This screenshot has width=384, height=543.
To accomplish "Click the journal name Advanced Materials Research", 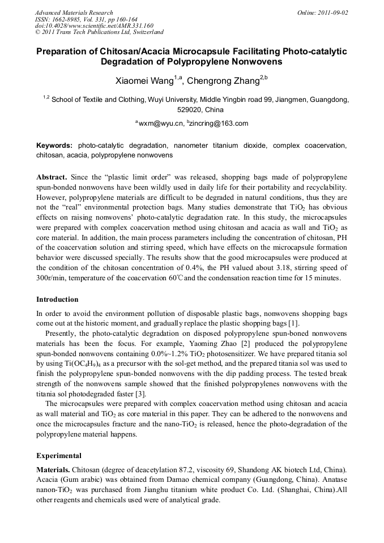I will pyautogui.click(x=74, y=12).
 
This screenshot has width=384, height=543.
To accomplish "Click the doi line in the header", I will pyautogui.click(x=94, y=25).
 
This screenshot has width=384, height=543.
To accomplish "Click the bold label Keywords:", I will pyautogui.click(x=54, y=146).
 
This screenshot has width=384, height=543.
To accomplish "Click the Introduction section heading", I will pyautogui.click(x=57, y=299).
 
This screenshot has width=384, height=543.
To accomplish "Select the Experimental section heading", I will pyautogui.click(x=59, y=455).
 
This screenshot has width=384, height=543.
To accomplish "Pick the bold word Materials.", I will pyautogui.click(x=53, y=470).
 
